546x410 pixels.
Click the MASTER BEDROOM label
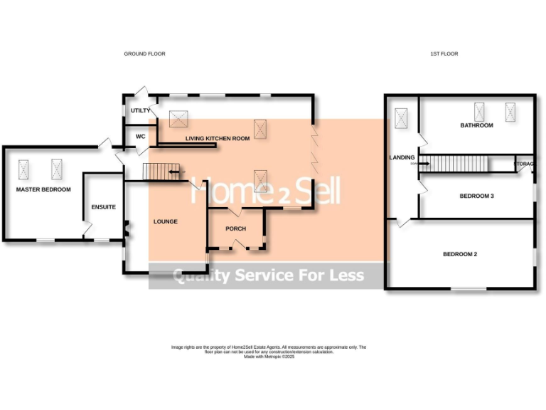pos(43,189)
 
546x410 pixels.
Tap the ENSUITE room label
pos(103,207)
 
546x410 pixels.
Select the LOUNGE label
pos(166,221)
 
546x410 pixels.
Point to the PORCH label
pos(235,228)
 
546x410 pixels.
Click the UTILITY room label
pos(140,111)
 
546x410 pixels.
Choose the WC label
pos(140,136)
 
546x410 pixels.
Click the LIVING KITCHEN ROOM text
pos(218,139)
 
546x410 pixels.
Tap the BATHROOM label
pos(476,125)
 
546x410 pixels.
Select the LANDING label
pos(402,157)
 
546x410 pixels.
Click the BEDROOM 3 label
pos(476,196)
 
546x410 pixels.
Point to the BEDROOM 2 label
pos(460,254)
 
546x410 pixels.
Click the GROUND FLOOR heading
pos(144,54)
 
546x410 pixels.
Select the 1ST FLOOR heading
pos(444,54)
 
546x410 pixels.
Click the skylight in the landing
pos(401,118)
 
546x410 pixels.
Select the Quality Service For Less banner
pos(269,275)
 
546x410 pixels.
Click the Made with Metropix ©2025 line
pos(269,357)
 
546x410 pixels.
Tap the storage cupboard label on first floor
pos(525,164)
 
